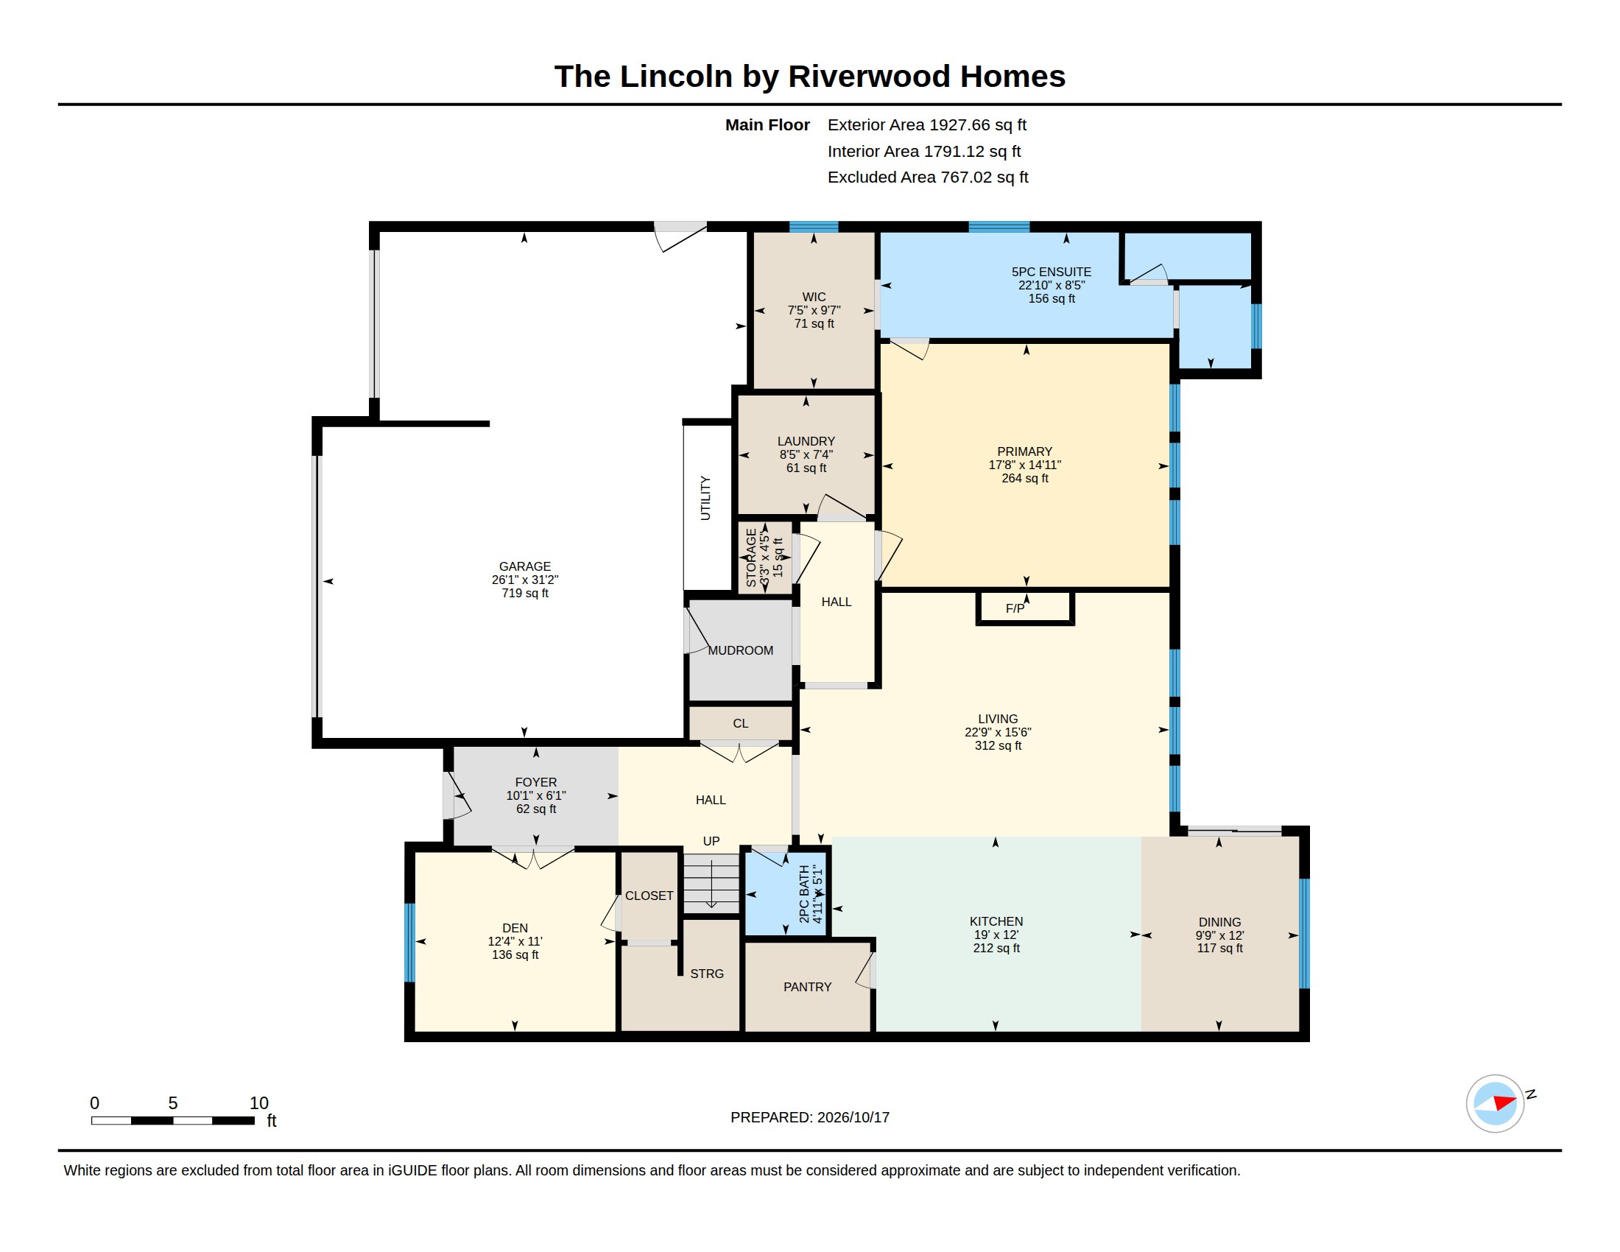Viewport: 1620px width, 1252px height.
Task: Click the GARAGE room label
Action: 524,566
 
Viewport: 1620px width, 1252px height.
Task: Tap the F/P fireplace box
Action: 1025,608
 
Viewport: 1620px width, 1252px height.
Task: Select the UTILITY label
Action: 705,499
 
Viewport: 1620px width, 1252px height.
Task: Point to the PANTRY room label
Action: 807,987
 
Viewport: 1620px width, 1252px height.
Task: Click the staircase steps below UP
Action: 711,883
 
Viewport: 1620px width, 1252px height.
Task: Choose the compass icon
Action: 1496,1104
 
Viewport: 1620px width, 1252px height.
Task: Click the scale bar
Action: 173,1121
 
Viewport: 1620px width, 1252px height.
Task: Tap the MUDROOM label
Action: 740,650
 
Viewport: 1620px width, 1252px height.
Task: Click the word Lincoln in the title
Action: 676,77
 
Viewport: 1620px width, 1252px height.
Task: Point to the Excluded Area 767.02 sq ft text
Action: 928,177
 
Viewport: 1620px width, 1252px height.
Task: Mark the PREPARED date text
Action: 810,1118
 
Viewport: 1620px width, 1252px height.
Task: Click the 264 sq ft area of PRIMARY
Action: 1025,479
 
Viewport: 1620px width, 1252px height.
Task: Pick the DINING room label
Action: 1219,922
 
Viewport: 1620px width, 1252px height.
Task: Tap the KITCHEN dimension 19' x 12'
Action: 996,935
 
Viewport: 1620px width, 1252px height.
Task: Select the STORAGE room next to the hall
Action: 765,558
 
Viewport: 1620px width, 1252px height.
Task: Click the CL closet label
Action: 740,723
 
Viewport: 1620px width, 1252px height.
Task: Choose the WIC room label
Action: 814,297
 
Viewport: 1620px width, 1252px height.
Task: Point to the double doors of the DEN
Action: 532,858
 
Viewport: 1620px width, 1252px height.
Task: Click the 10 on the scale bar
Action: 259,1103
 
